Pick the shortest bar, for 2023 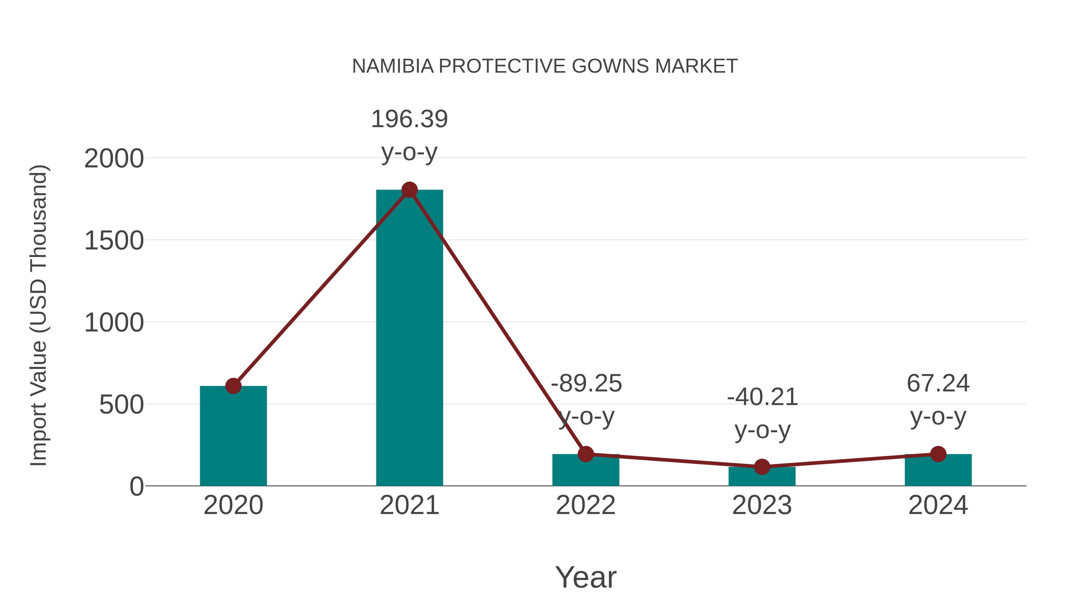pyautogui.click(x=762, y=477)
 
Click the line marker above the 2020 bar pyautogui.click(x=233, y=386)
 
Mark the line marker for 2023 pyautogui.click(x=762, y=467)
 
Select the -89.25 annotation pyautogui.click(x=586, y=384)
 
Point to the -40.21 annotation pyautogui.click(x=762, y=397)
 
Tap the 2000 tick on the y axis pyautogui.click(x=114, y=159)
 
